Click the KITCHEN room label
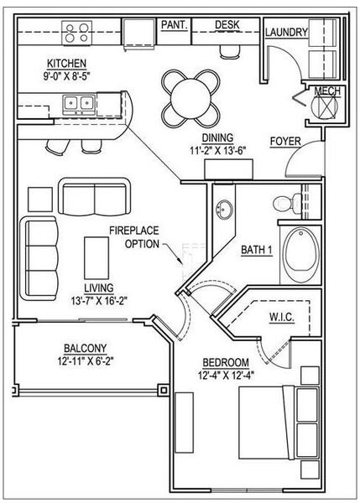(x=67, y=63)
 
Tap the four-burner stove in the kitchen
(x=76, y=33)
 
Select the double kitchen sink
(x=79, y=104)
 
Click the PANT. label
(x=174, y=24)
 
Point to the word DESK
(x=227, y=24)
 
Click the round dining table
(x=190, y=98)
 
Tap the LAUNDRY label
(x=286, y=32)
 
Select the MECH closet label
(x=327, y=91)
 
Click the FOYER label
(x=285, y=141)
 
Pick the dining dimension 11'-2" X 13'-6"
(x=217, y=150)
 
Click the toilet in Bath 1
(x=288, y=203)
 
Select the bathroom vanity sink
(x=224, y=210)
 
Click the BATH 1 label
(x=257, y=250)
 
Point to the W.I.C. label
(x=281, y=317)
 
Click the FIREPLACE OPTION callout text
(x=134, y=237)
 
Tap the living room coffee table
(x=97, y=258)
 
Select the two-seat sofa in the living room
(x=95, y=196)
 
